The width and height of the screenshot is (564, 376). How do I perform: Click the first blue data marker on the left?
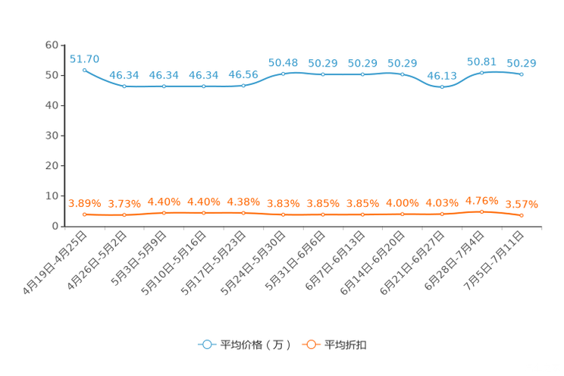[x=85, y=69]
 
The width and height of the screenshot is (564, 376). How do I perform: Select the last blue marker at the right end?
[x=522, y=74]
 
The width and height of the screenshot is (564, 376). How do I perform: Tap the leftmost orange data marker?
[x=85, y=215]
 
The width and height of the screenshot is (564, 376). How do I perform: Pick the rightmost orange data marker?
[x=522, y=216]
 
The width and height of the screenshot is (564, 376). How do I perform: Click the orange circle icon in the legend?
[x=311, y=344]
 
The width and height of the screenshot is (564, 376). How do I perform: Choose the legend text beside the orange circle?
[x=347, y=345]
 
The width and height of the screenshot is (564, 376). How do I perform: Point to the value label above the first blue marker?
[x=84, y=58]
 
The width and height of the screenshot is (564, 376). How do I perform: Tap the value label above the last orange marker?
[x=522, y=204]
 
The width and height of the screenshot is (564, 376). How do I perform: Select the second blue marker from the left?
[x=124, y=86]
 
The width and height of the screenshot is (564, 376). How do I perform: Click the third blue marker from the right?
[x=442, y=86]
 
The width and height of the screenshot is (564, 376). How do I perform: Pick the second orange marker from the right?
[x=481, y=211]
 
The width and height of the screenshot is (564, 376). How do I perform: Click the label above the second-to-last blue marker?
[x=481, y=61]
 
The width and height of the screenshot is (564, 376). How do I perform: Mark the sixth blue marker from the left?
[x=284, y=73]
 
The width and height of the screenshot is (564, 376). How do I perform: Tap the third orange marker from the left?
[x=164, y=212]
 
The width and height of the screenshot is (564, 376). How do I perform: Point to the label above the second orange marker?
[x=124, y=204]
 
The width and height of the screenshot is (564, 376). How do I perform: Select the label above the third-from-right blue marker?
[x=442, y=74]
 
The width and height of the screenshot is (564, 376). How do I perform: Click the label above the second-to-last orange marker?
[x=481, y=201]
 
